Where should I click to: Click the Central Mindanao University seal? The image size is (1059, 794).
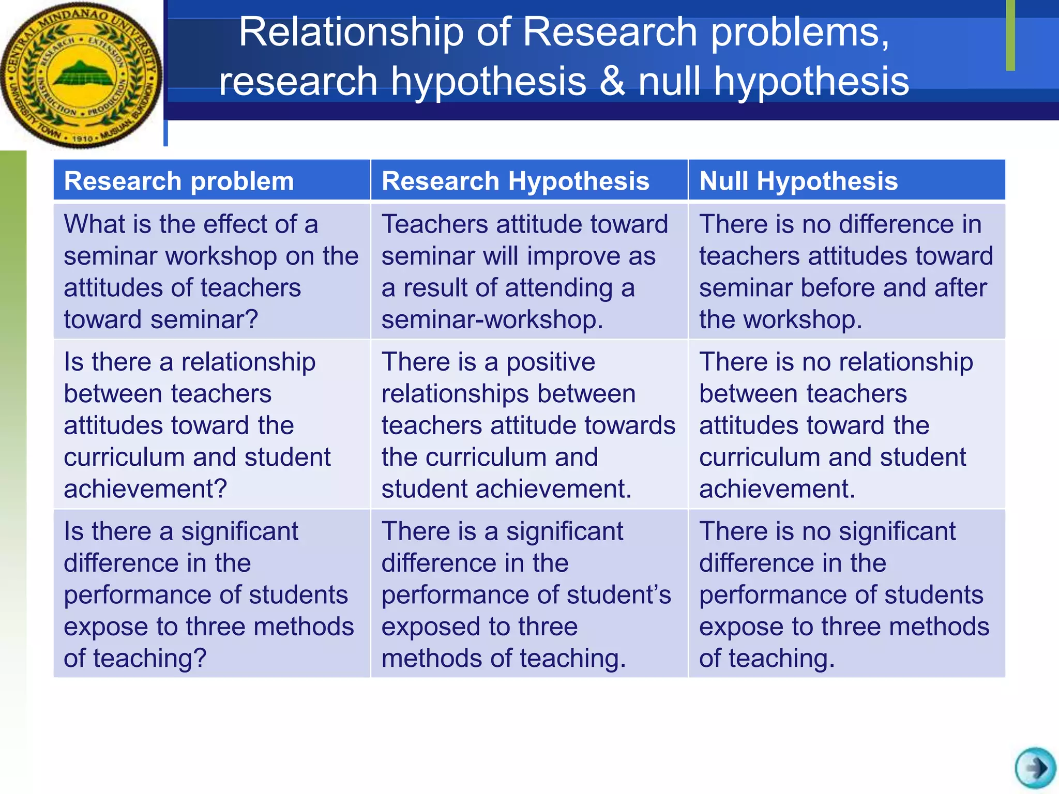pos(81,75)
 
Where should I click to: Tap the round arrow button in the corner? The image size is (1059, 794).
pos(1035,768)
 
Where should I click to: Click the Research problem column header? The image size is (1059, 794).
pos(179,181)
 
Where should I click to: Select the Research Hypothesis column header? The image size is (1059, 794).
pos(515,181)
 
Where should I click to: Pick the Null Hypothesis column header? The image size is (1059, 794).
pos(798,181)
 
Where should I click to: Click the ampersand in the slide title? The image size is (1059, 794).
pos(612,82)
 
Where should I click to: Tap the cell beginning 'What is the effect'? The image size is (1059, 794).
pos(211,271)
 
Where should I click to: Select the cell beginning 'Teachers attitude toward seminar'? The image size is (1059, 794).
pos(529,271)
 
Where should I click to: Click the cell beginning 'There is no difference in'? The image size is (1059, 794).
pos(846,271)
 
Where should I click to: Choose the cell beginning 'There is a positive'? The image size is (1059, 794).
pos(529,424)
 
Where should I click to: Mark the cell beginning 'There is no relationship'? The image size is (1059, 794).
pos(846,424)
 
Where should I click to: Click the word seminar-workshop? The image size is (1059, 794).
pos(492,319)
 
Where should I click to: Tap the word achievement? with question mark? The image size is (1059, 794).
pos(145,489)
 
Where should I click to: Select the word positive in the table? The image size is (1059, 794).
pos(550,362)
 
